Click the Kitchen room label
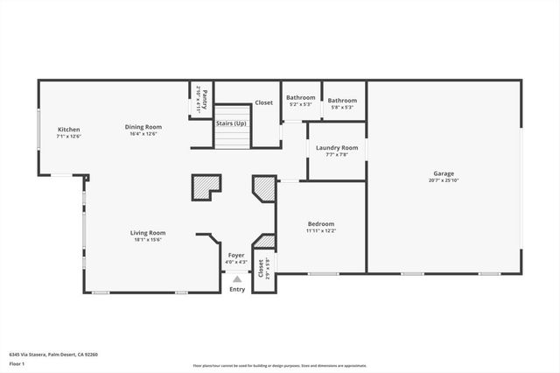[x=68, y=130]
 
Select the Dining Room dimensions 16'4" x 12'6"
[x=146, y=134]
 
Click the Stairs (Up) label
[x=231, y=123]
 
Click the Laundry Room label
[x=337, y=148]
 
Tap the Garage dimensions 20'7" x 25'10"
[x=444, y=180]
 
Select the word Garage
[x=444, y=173]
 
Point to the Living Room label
[x=148, y=233]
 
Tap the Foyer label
[x=237, y=255]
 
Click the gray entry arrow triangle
[x=237, y=278]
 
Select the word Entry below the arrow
[x=237, y=290]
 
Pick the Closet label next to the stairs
[x=263, y=102]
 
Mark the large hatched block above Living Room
[x=206, y=186]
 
